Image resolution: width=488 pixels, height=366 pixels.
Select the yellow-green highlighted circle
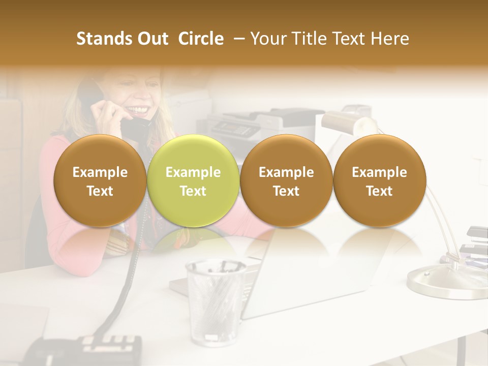point(193,180)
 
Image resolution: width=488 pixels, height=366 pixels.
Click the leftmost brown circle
point(100,180)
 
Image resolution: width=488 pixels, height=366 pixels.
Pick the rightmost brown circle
point(379,180)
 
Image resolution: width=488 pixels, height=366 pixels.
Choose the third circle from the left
point(286,180)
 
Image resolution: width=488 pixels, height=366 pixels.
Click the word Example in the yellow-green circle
point(193,172)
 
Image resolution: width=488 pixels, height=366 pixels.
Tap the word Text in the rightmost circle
point(379,191)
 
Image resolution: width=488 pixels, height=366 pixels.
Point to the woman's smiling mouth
point(141,110)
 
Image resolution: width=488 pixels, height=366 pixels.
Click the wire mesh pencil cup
point(216,300)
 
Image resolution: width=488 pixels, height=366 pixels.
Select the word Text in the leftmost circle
point(100,191)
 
